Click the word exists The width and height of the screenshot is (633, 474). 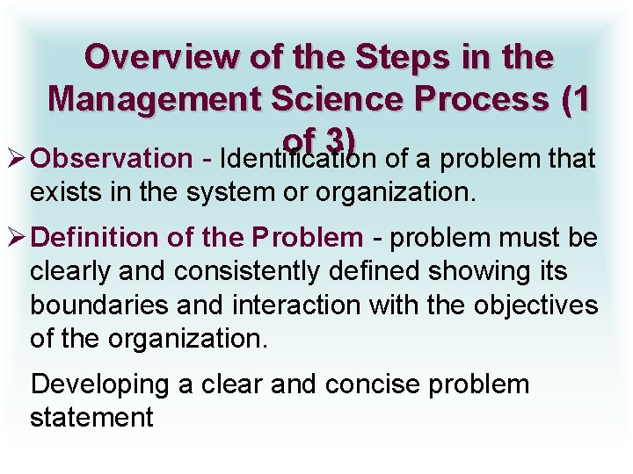click(61, 192)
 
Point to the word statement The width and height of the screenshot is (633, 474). click(91, 418)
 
